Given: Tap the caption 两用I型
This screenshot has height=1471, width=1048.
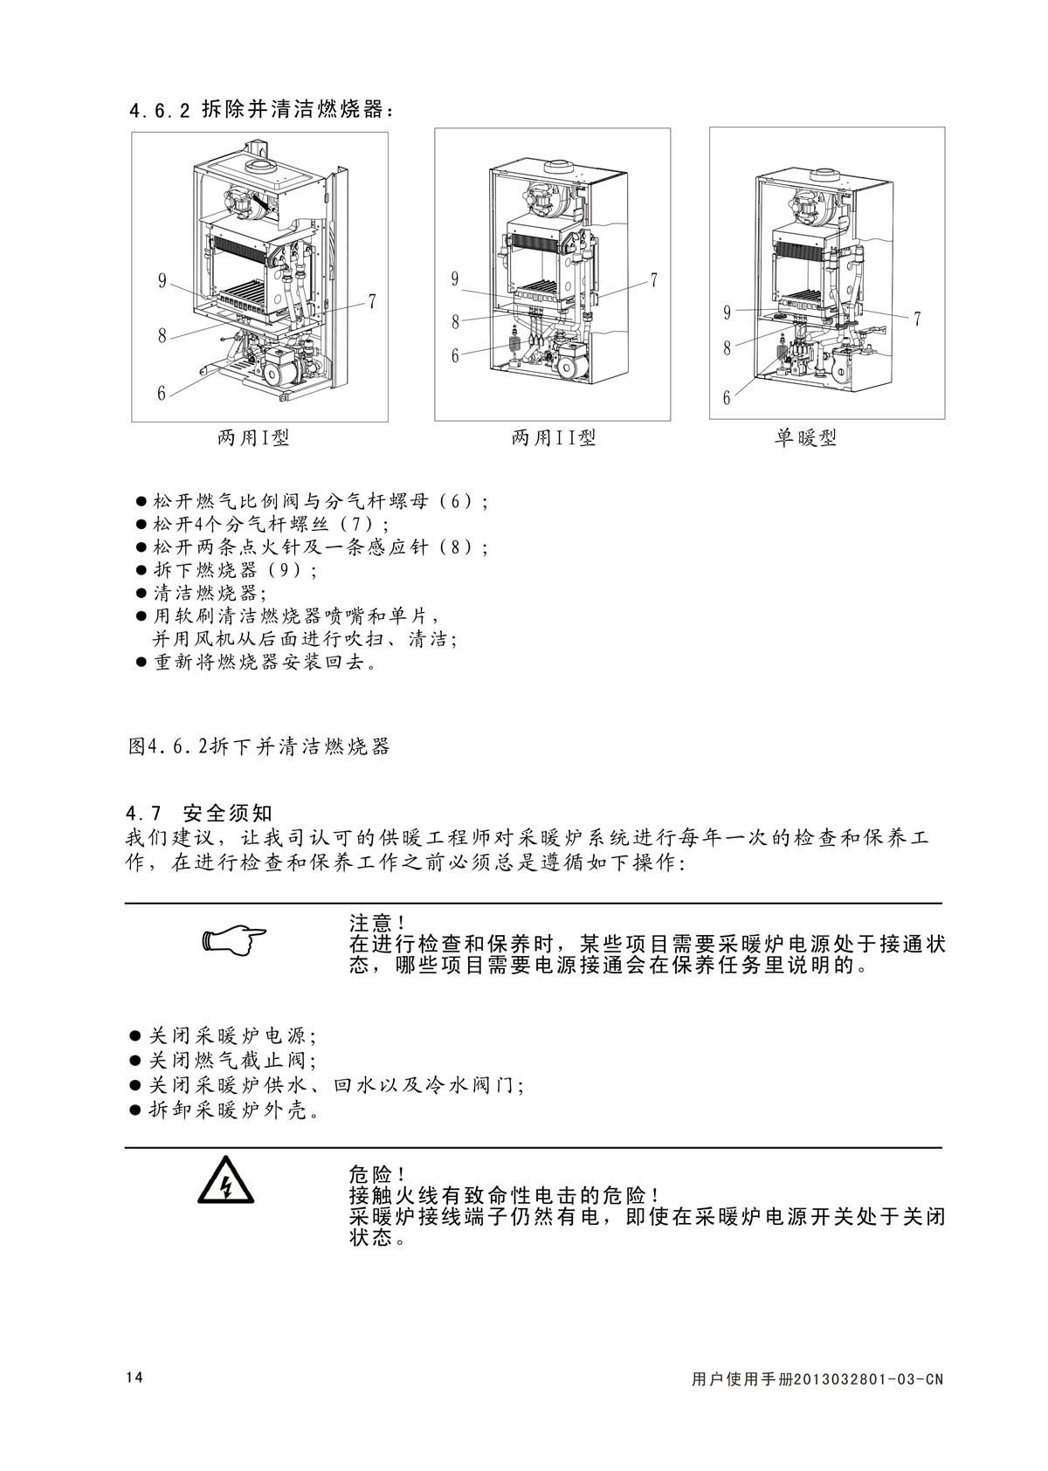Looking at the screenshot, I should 253,438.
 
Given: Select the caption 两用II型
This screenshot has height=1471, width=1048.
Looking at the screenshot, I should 554,438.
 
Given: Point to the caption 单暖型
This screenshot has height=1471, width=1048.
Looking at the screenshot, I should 805,438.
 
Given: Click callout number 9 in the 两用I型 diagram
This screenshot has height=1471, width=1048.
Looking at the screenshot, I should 162,280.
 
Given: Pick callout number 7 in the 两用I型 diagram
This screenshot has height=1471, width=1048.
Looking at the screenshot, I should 372,302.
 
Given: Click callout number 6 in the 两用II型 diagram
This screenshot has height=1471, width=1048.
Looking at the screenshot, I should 455,355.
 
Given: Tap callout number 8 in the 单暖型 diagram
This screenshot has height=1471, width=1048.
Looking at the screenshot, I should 727,347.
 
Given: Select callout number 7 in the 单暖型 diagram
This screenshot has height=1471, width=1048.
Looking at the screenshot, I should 917,320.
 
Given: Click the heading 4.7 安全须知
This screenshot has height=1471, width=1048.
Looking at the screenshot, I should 199,814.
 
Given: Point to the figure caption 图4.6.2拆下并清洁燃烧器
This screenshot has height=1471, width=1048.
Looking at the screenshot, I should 259,747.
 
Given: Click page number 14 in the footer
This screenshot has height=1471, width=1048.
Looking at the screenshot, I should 134,1378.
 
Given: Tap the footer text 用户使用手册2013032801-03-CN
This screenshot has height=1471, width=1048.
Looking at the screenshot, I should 817,1380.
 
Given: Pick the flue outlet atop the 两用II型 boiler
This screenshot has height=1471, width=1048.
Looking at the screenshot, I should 559,166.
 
